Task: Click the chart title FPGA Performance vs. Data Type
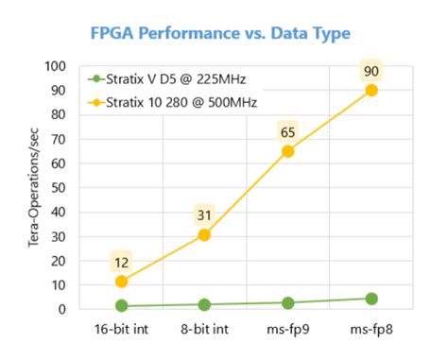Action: click(219, 33)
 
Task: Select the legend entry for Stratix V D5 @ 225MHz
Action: click(164, 79)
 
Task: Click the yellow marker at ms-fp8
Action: click(371, 91)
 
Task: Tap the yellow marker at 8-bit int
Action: click(205, 234)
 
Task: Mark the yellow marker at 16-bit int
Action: click(122, 281)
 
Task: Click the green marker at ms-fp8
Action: click(371, 299)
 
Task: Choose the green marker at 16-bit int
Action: click(122, 306)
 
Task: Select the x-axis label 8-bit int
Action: click(205, 330)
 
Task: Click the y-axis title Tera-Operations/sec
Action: click(37, 187)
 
